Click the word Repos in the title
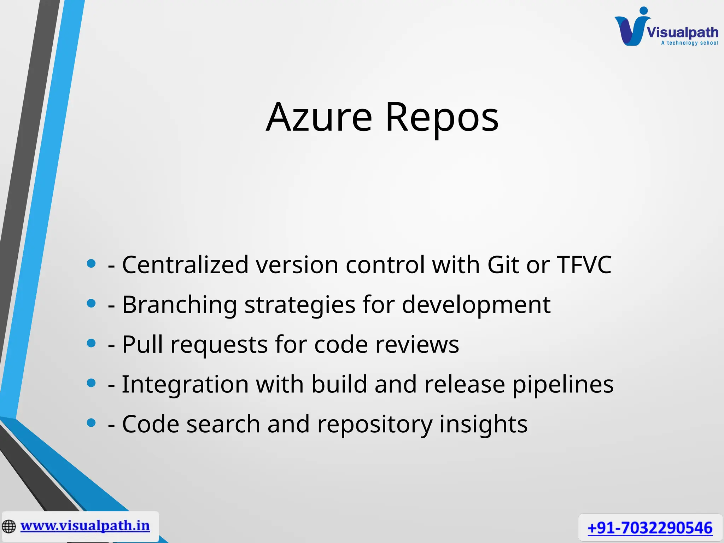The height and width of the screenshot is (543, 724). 442,117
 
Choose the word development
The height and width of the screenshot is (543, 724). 476,304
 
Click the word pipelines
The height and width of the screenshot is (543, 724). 563,385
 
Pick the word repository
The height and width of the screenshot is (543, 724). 375,424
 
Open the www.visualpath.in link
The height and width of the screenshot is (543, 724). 85,526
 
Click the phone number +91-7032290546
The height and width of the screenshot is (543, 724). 650,528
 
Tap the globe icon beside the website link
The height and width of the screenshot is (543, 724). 9,526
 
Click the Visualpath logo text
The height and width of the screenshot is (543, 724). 682,33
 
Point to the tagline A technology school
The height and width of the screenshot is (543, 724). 690,43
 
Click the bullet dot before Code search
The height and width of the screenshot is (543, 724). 91,422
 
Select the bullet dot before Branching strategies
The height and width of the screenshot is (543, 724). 91,303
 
